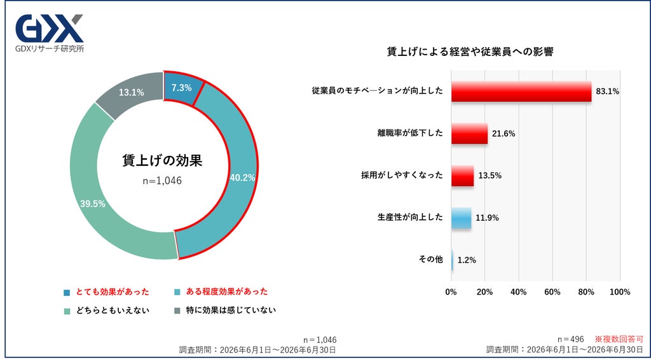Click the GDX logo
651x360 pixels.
[x=50, y=33]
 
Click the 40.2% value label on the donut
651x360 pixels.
[x=242, y=177]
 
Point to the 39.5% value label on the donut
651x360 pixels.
[x=93, y=204]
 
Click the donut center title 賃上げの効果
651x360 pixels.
[x=162, y=160]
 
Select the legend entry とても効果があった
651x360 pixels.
[x=106, y=292]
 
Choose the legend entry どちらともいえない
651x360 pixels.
[x=106, y=310]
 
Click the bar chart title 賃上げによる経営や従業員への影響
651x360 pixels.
[x=470, y=52]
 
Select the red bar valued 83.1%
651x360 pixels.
[x=521, y=92]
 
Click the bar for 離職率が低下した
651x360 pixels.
[x=470, y=134]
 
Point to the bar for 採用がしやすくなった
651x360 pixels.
[x=463, y=176]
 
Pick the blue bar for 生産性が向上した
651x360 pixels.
[x=462, y=218]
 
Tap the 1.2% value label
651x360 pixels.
[x=467, y=260]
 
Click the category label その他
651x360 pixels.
[x=430, y=260]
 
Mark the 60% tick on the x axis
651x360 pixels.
[x=552, y=293]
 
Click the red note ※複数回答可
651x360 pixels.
[x=619, y=339]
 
